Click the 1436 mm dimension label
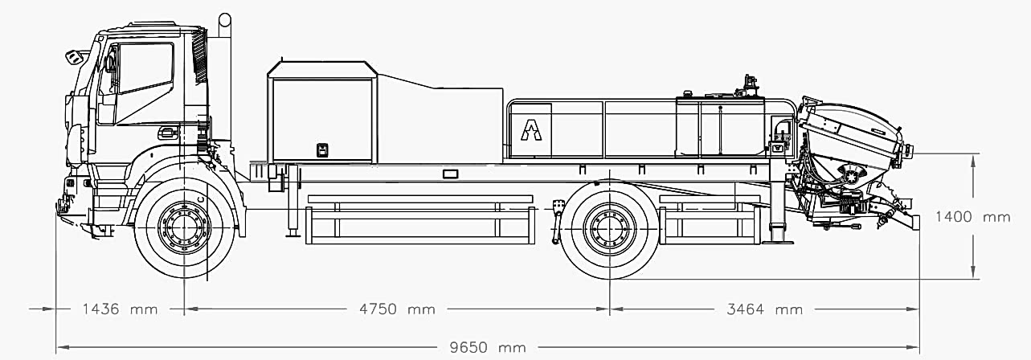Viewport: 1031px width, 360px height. (x=120, y=309)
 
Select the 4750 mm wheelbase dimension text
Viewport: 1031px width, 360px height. (x=397, y=309)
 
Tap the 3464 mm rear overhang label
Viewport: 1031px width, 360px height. (x=764, y=309)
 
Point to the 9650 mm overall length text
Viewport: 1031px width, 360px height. (x=488, y=347)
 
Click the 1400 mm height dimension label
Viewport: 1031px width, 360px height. (x=972, y=216)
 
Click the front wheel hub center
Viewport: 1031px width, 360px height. (x=184, y=227)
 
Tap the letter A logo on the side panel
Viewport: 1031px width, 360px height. (x=531, y=130)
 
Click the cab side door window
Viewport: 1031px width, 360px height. (x=145, y=67)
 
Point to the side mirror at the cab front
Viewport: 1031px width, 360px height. (x=73, y=57)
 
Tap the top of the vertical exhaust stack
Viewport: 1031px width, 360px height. (x=225, y=18)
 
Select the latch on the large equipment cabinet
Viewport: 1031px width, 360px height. (x=322, y=150)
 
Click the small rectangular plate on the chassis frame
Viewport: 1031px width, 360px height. (x=450, y=174)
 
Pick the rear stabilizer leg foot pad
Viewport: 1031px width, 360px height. (x=777, y=241)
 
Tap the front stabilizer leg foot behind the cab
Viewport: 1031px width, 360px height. (x=293, y=235)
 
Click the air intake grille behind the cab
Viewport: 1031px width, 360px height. (x=200, y=55)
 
